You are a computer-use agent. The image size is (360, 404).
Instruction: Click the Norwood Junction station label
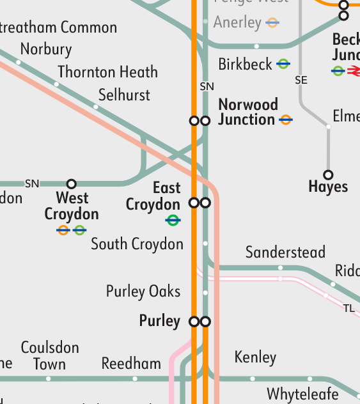coord(248,112)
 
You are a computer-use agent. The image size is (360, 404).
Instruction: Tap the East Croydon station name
coord(153,196)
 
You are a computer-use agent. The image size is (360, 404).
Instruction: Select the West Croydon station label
coord(72,206)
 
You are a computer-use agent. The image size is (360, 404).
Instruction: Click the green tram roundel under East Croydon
coord(173,221)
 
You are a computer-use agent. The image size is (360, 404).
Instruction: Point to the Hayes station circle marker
coord(328,175)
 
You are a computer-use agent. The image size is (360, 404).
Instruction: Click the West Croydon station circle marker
coord(72,184)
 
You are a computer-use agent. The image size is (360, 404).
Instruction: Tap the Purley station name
coord(159,320)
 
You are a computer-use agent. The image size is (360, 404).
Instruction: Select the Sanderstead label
coord(285,252)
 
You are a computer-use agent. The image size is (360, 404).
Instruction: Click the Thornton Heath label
coord(107,72)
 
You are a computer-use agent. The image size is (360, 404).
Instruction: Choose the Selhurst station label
coord(124,95)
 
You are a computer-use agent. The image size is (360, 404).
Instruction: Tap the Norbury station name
coord(46,49)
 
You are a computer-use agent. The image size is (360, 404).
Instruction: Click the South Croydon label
coord(137,244)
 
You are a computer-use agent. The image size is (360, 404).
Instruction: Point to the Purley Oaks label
coord(143,291)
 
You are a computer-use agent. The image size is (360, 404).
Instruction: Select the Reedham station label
coord(131,364)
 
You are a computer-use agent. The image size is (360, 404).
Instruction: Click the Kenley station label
coord(255,357)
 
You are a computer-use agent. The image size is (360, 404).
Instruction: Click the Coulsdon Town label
coord(50,356)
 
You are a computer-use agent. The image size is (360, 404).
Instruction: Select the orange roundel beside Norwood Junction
coord(285,120)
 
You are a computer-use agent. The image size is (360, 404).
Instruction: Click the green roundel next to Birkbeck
coord(283,65)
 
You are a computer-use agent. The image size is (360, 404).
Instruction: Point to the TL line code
coord(348,309)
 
